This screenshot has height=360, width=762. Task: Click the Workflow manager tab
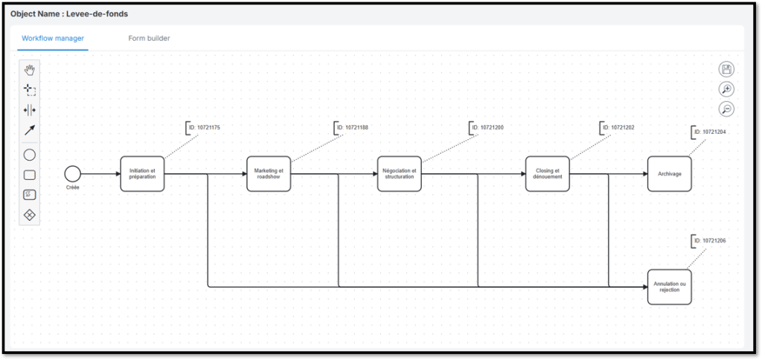(x=53, y=38)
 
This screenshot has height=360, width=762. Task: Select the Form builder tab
(x=149, y=38)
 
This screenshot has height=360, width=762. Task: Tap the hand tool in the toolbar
(x=30, y=70)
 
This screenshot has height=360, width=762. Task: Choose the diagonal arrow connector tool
(x=30, y=130)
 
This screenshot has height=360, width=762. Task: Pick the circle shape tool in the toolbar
(x=30, y=155)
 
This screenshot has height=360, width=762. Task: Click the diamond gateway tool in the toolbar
(x=30, y=215)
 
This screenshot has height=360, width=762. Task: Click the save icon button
(x=726, y=70)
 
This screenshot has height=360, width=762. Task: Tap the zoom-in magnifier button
(x=726, y=89)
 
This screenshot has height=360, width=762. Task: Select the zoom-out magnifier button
(x=726, y=109)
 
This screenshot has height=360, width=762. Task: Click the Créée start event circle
(x=72, y=173)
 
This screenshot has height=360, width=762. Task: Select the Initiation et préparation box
(x=142, y=173)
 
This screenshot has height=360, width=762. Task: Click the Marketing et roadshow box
(x=269, y=173)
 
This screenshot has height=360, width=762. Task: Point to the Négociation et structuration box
(x=400, y=173)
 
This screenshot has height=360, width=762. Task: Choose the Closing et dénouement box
(x=548, y=173)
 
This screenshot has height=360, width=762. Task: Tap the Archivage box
(x=669, y=173)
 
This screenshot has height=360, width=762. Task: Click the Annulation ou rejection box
(x=669, y=286)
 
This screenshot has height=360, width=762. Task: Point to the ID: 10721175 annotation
(x=203, y=128)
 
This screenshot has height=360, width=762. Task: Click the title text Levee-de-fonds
(x=97, y=13)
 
